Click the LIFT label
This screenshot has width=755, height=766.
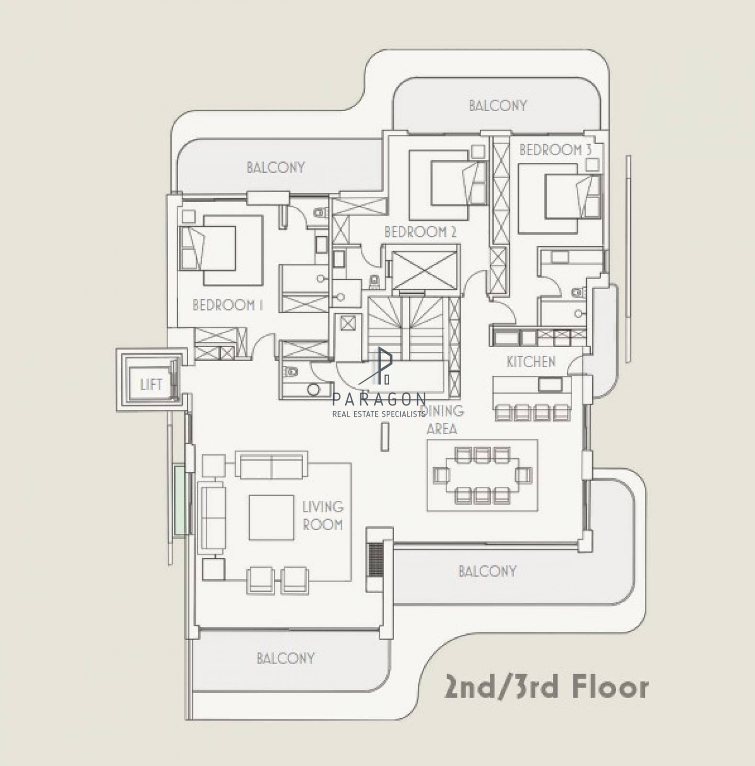pyautogui.click(x=151, y=384)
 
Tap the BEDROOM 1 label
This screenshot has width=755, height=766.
pyautogui.click(x=227, y=305)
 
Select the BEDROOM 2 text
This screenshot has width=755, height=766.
pyautogui.click(x=420, y=232)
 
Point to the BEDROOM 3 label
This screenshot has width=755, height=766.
pyautogui.click(x=555, y=150)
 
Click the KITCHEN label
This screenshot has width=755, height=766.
pyautogui.click(x=531, y=362)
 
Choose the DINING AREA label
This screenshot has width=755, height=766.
pyautogui.click(x=442, y=419)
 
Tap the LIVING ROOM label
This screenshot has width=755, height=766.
pyautogui.click(x=323, y=516)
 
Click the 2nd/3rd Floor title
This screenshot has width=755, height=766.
pyautogui.click(x=547, y=687)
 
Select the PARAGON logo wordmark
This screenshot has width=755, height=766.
pyautogui.click(x=379, y=398)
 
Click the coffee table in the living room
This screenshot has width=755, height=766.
pyautogui.click(x=271, y=518)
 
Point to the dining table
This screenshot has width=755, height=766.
pyautogui.click(x=482, y=475)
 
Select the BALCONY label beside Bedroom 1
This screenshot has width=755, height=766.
pyautogui.click(x=276, y=168)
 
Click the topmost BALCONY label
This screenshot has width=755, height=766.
pyautogui.click(x=498, y=106)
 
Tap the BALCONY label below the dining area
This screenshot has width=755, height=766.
pyautogui.click(x=487, y=571)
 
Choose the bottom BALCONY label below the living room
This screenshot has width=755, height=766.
pyautogui.click(x=286, y=658)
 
